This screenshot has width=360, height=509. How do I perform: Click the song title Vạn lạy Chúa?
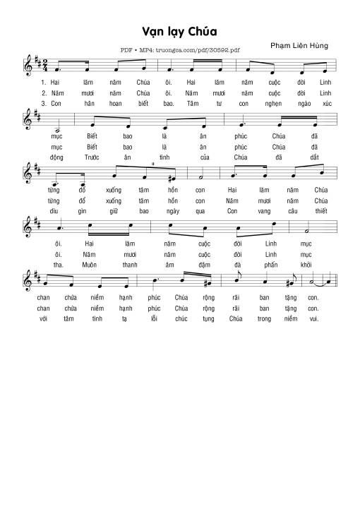(x=179, y=32)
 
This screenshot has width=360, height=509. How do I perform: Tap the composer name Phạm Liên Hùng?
(x=299, y=45)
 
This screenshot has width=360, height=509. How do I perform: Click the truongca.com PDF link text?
(x=181, y=51)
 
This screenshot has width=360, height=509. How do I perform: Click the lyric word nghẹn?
(x=272, y=102)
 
